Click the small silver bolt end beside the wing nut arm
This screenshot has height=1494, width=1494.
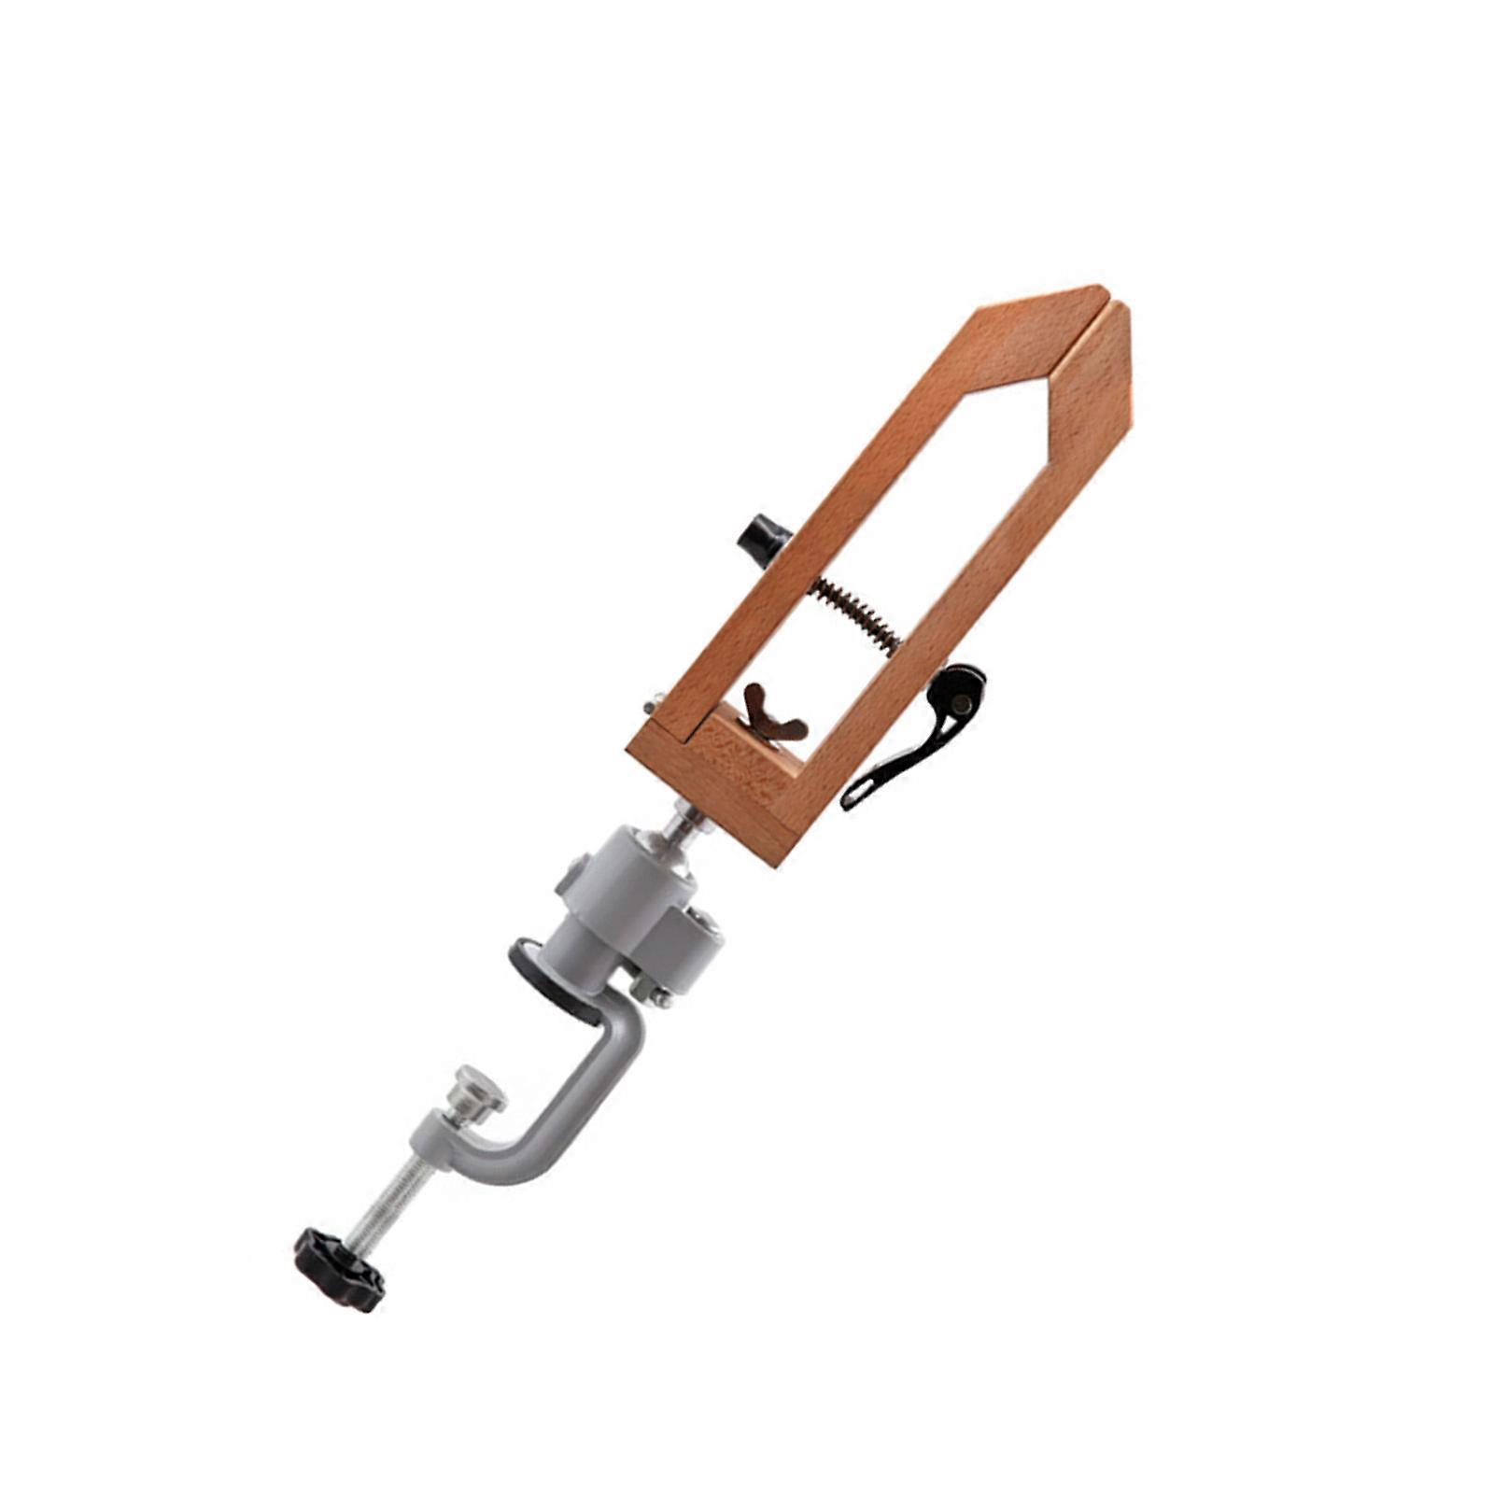[653, 701]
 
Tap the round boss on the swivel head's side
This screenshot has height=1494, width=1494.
[573, 883]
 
